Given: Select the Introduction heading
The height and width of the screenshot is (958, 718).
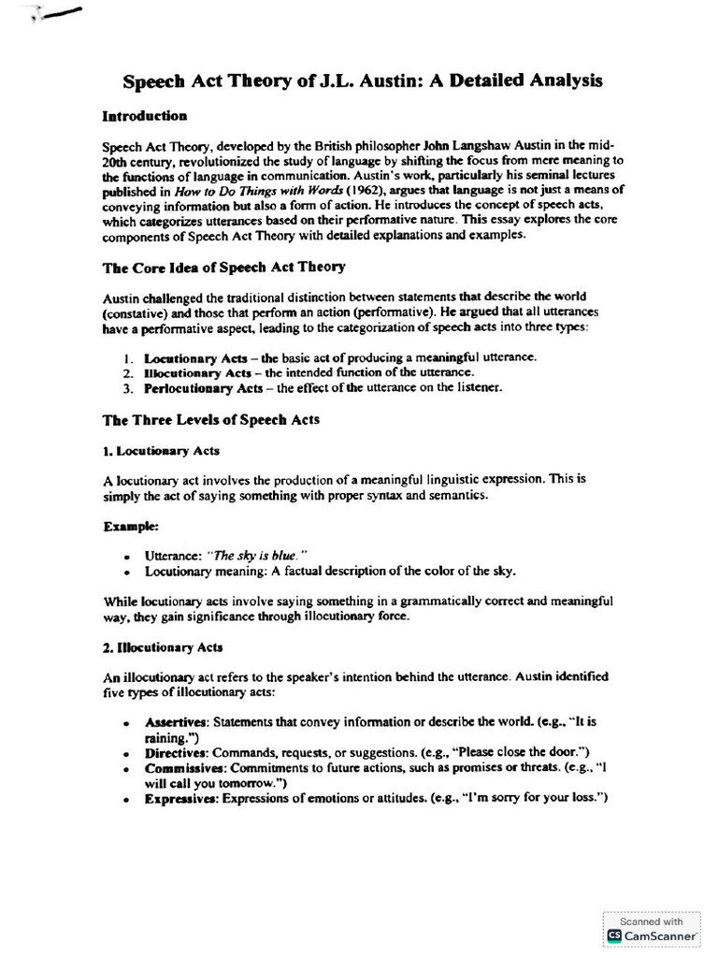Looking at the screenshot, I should (144, 117).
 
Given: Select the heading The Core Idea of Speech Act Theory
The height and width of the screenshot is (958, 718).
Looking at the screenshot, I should (223, 267).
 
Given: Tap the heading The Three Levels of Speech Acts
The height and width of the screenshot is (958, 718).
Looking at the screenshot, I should (210, 420).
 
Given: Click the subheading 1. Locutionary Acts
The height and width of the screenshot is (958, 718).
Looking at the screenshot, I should (161, 450).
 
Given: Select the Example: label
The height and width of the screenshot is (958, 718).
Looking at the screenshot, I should (130, 527).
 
